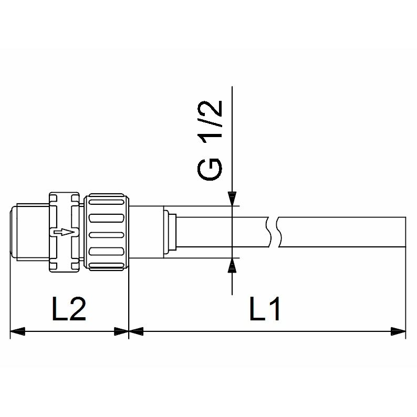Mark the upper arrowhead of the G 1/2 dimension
coord(232,199)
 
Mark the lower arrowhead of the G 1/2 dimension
coord(232,265)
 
